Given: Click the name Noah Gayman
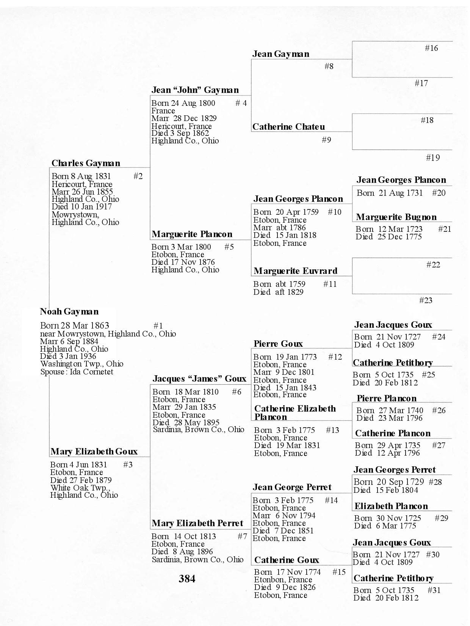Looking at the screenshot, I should (x=69, y=312).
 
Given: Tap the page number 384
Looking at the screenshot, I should (x=187, y=579).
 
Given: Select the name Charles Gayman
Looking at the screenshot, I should (x=86, y=163).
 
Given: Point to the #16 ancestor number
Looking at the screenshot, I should (x=431, y=48).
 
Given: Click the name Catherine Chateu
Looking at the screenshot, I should (x=288, y=127).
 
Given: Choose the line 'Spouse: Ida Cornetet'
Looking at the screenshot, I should (x=77, y=372).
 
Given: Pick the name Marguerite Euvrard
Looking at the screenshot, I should (x=295, y=271).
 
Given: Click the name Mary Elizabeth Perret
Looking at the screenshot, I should (x=197, y=524).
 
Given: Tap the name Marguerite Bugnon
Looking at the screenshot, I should (x=396, y=217).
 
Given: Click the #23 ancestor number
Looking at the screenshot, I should (x=426, y=300).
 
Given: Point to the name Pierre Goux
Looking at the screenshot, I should (x=278, y=344).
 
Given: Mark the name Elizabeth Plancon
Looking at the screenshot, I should (x=391, y=506).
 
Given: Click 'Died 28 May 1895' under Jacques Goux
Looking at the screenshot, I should (x=186, y=422).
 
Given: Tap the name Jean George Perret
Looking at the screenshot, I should (x=292, y=487).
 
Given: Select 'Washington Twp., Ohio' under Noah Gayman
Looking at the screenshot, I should (x=81, y=364).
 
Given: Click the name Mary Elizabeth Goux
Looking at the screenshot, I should (x=94, y=451).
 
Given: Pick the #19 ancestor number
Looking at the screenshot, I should (x=433, y=158).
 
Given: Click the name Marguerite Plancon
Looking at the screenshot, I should (x=192, y=234).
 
